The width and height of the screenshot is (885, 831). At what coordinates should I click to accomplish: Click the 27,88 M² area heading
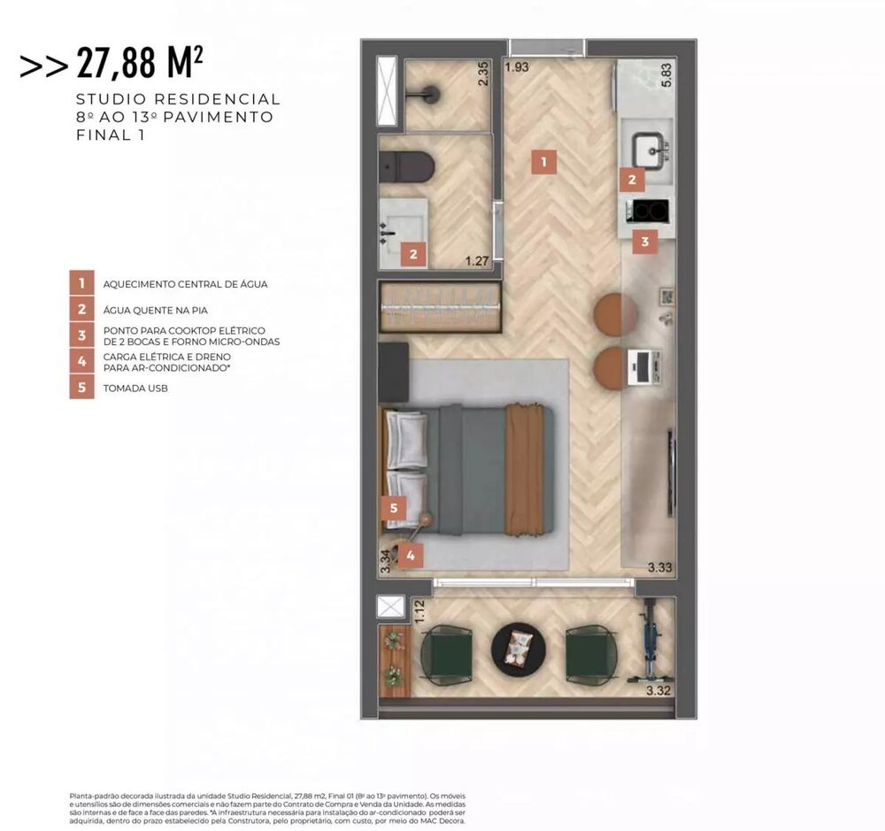pyautogui.click(x=140, y=63)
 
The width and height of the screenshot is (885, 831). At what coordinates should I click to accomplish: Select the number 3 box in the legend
pyautogui.click(x=81, y=335)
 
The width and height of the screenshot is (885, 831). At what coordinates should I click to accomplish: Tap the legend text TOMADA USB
pyautogui.click(x=135, y=388)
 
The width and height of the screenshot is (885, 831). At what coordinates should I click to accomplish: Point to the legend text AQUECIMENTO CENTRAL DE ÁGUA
pyautogui.click(x=185, y=284)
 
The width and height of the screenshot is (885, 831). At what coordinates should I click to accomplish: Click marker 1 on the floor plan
pyautogui.click(x=543, y=162)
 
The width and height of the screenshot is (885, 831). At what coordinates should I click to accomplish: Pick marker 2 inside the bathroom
pyautogui.click(x=412, y=255)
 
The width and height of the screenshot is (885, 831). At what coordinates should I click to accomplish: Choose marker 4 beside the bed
pyautogui.click(x=410, y=556)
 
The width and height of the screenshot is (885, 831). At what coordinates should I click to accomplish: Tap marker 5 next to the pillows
pyautogui.click(x=393, y=508)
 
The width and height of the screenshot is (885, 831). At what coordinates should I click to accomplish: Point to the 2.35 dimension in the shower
pyautogui.click(x=483, y=73)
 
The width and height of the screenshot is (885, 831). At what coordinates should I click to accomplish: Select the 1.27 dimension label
pyautogui.click(x=477, y=260)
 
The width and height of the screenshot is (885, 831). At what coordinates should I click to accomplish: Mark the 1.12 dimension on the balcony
pyautogui.click(x=420, y=612)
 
